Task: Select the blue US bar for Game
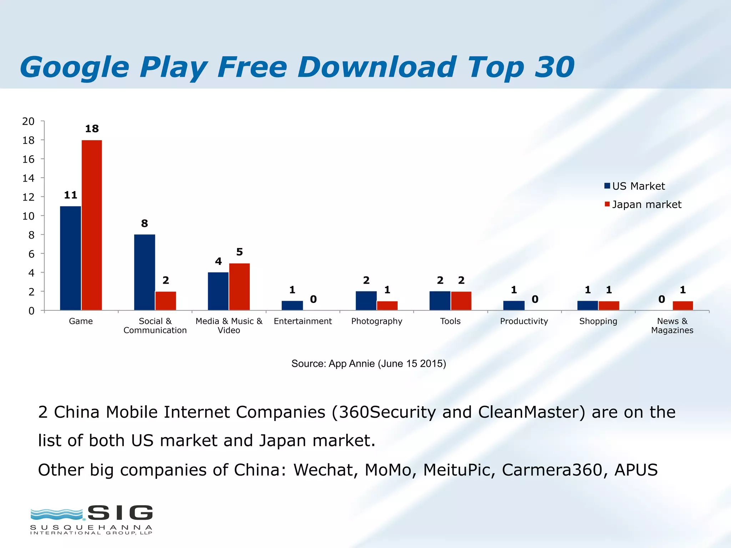[x=70, y=258]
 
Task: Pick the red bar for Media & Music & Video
[x=239, y=286]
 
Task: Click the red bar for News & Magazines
[x=682, y=306]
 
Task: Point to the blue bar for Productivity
[x=514, y=306]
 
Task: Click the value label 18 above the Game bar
[x=92, y=129]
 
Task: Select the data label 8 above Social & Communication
[x=144, y=224]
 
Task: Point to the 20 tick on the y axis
[x=29, y=121]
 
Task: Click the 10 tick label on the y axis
[x=29, y=216]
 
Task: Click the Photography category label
[x=377, y=321]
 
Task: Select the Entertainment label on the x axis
[x=303, y=321]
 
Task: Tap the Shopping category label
[x=598, y=321]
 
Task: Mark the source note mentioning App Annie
[x=369, y=364]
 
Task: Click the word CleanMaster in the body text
[x=531, y=412]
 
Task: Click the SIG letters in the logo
[x=120, y=513]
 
